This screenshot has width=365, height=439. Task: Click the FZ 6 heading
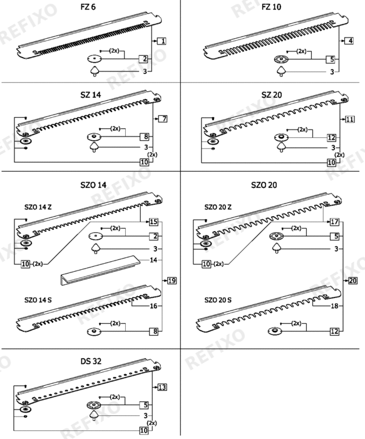88,7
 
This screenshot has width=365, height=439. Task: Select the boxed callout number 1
162,41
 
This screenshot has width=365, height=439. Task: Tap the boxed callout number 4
349,41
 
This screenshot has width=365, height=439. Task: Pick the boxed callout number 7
163,119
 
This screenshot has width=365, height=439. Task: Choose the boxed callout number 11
349,119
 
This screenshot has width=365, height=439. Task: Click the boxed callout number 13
162,387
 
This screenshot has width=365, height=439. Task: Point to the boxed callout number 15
153,222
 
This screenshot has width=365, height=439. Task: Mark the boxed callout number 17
334,222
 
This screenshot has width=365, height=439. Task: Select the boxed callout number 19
172,281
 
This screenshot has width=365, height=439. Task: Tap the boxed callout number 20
352,281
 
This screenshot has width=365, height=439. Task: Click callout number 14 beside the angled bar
153,260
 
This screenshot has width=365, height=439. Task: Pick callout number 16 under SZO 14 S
153,306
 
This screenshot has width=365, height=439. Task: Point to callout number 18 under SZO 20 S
334,306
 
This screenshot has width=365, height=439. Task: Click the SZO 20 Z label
218,207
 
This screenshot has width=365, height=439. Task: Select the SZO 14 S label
38,300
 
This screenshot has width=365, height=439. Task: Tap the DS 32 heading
91,361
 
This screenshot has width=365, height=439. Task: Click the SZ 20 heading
271,95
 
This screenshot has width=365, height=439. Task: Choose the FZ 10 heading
271,7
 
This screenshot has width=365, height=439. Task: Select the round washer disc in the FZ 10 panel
281,59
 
